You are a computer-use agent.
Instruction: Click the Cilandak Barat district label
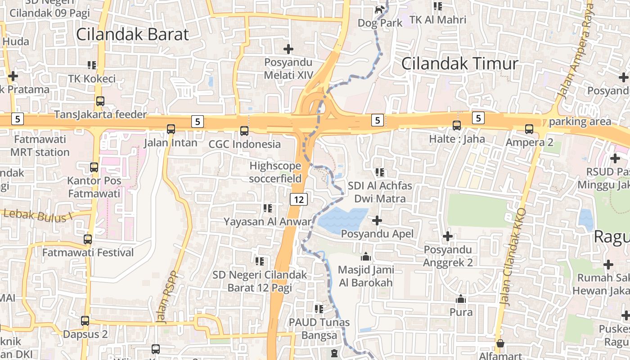point(132,34)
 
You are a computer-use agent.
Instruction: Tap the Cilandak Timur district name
point(459,63)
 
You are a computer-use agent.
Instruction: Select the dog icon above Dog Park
point(380,9)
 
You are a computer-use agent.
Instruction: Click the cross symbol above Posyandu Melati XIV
point(288,49)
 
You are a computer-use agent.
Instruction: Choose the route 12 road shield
point(298,199)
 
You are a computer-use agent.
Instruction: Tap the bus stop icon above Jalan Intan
point(171,129)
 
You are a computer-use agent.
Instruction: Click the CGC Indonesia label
point(245,144)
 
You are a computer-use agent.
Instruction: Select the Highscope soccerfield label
point(275,172)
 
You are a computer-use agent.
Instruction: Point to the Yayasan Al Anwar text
point(268,221)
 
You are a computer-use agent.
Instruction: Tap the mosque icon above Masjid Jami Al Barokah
point(366,256)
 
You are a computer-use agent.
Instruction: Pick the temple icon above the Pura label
point(460,299)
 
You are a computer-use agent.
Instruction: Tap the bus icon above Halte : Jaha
point(457,126)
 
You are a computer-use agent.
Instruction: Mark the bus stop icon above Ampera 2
point(529,129)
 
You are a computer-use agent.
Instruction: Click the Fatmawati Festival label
point(88,252)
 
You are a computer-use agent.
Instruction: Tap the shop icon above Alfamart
point(499,344)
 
